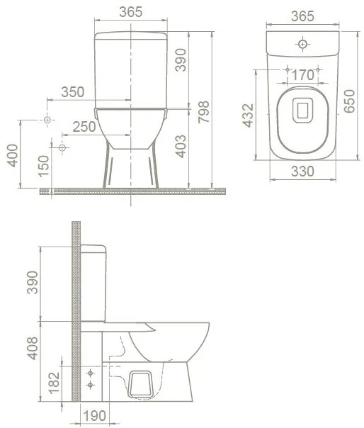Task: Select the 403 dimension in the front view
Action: pyautogui.click(x=181, y=147)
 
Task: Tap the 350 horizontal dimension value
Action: pyautogui.click(x=72, y=91)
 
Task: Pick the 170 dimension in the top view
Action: pyautogui.click(x=302, y=74)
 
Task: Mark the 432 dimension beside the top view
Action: pyautogui.click(x=249, y=114)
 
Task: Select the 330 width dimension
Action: pyautogui.click(x=302, y=171)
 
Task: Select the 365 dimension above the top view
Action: pyautogui.click(x=302, y=14)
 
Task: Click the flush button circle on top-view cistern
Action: pyautogui.click(x=303, y=45)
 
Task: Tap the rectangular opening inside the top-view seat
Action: pyautogui.click(x=303, y=110)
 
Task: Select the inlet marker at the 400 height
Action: pyautogui.click(x=47, y=120)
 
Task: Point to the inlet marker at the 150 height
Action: pyautogui.click(x=62, y=148)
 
